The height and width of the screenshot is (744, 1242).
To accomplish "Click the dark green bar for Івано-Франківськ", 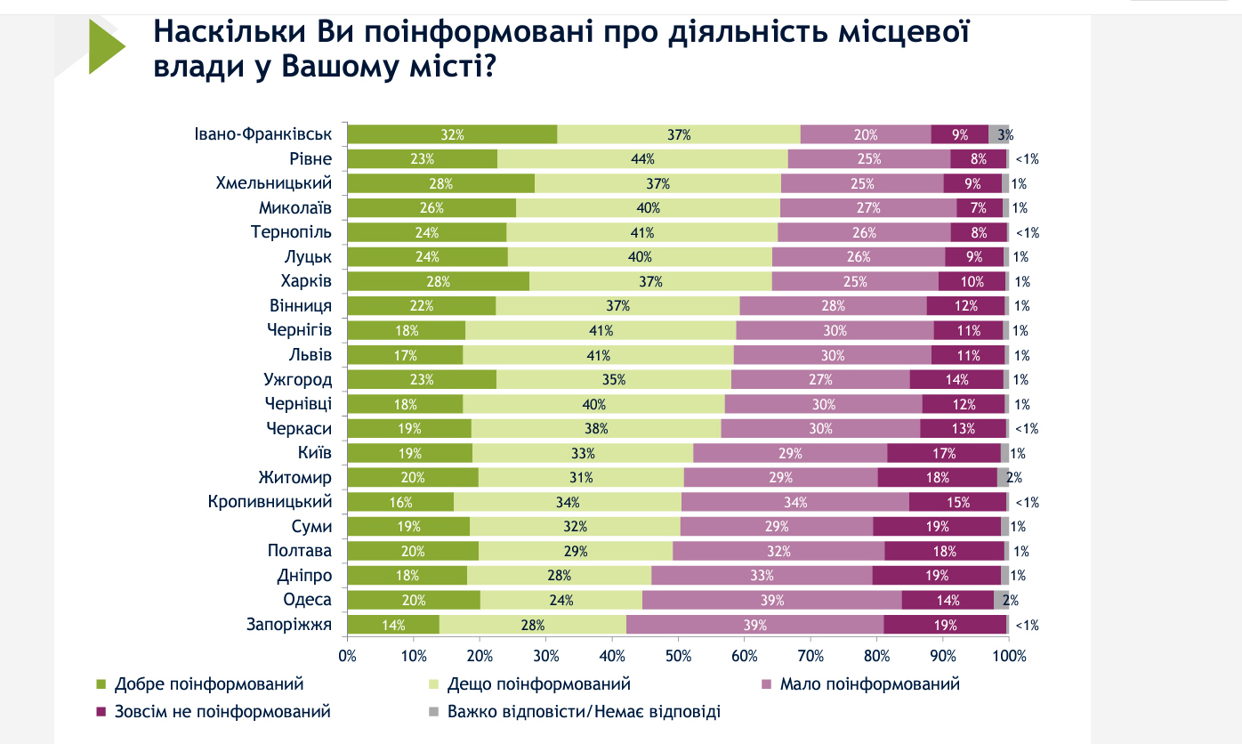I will tap(452, 134).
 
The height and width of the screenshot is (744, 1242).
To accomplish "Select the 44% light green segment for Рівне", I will tap(642, 159).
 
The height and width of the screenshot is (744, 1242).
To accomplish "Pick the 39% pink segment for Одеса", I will tap(771, 600).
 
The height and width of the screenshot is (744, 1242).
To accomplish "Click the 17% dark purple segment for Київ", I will tap(944, 453).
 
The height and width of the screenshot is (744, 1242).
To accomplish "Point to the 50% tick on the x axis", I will tap(678, 656).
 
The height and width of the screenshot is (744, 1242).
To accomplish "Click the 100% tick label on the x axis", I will tap(1009, 657).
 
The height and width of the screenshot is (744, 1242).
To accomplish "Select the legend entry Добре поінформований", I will tap(209, 684).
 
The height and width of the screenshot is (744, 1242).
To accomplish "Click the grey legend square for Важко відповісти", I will tap(433, 712).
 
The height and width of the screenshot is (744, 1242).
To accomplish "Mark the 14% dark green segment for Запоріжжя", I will tap(393, 625).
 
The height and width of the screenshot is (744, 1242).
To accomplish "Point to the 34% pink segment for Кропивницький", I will tap(795, 502).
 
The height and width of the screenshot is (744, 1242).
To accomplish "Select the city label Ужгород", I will tap(298, 379).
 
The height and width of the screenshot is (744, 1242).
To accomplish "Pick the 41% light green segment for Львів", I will tap(598, 355).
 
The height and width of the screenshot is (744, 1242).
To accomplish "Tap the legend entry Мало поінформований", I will tap(869, 684).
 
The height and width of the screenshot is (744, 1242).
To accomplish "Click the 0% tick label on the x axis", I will tap(347, 657).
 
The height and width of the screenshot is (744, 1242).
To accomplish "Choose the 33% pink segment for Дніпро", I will tap(761, 576).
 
